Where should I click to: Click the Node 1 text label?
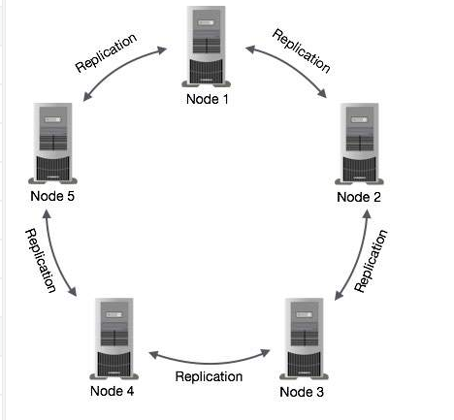coord(208,99)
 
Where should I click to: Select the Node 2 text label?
coord(359,197)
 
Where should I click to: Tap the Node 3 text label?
coord(302,392)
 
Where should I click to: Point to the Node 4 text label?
coord(112,391)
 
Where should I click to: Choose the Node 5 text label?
coord(52,196)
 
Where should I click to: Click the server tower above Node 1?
coord(207,47)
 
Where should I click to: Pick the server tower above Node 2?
coord(359,144)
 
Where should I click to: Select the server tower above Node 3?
coord(304,339)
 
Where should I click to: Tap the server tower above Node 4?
coord(113,339)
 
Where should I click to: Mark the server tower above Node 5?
coord(52,144)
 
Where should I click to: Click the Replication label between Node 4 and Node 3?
coord(209,376)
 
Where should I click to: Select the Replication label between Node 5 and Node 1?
coord(106,52)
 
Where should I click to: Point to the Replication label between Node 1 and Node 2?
coord(302,50)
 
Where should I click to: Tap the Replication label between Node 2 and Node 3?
coord(371,261)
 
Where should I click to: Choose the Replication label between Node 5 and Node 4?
coord(41,261)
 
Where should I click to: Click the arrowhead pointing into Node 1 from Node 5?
coord(162,50)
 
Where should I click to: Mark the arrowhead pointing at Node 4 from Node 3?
coord(153,355)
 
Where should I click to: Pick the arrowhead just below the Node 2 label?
coord(367,214)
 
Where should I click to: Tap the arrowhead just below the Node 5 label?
coord(47,214)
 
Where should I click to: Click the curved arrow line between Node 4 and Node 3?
coord(210,363)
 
